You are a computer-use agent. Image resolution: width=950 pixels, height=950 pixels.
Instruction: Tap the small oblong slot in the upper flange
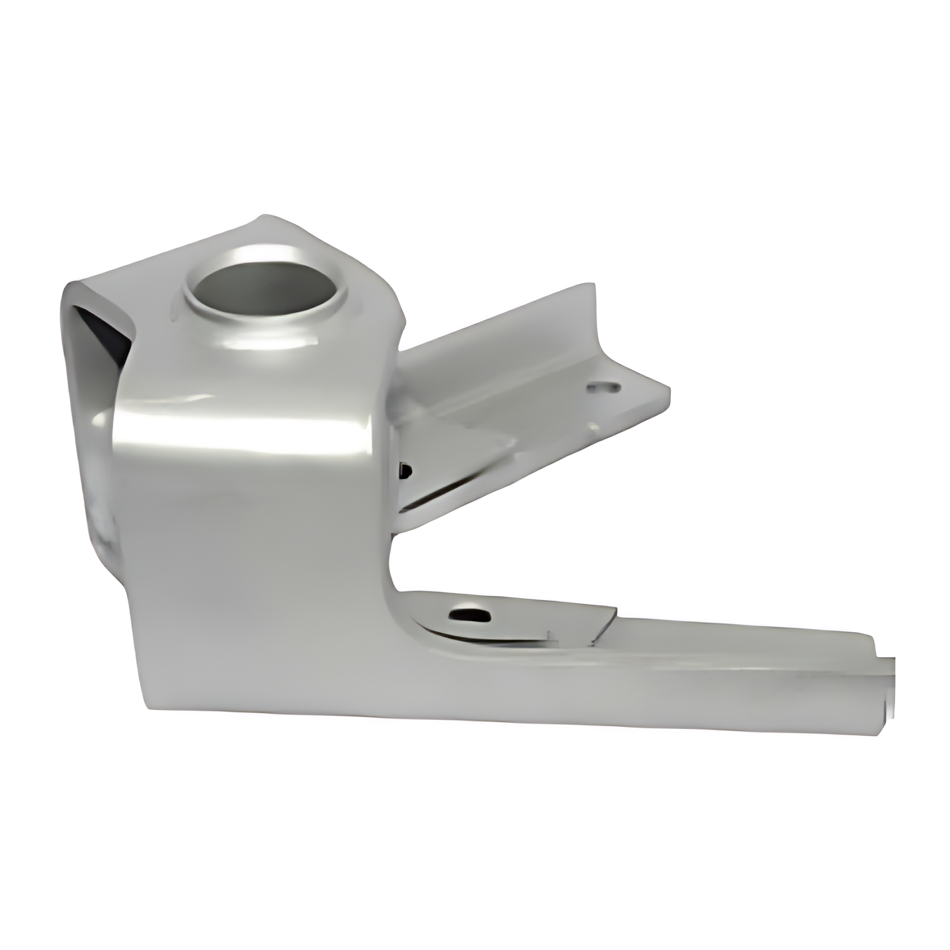tap(604, 387)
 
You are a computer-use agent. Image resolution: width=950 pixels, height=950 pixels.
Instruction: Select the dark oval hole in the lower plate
tap(469, 614)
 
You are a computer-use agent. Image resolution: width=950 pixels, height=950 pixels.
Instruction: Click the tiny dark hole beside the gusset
tap(405, 469)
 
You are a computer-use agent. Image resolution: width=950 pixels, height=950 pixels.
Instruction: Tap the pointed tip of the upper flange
tap(668, 390)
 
